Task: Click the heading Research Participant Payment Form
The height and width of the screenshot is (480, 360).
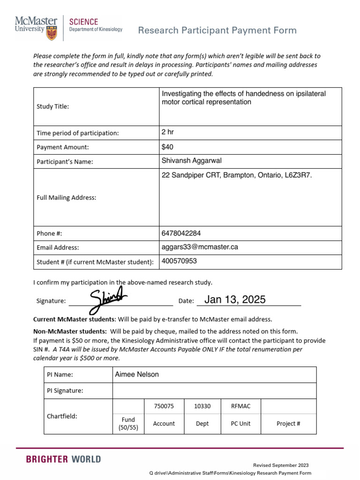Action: (x=217, y=30)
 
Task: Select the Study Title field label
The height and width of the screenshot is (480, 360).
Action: (x=52, y=106)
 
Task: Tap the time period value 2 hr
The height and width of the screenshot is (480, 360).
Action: (x=167, y=133)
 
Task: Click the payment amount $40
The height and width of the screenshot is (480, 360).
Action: (x=167, y=147)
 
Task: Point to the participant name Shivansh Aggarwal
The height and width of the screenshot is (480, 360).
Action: (x=191, y=161)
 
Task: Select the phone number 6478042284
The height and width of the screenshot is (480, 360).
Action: (x=181, y=233)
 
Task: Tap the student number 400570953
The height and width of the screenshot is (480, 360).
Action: (x=179, y=261)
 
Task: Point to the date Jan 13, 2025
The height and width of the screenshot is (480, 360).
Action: (x=235, y=300)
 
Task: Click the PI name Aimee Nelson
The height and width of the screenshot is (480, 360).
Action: (x=137, y=374)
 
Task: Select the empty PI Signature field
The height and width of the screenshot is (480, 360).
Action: (x=214, y=390)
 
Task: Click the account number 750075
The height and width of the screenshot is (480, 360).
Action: (x=164, y=406)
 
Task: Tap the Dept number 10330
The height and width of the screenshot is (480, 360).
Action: (x=202, y=406)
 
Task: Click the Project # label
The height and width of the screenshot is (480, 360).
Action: (x=288, y=424)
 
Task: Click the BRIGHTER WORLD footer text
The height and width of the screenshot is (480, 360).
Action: (x=63, y=459)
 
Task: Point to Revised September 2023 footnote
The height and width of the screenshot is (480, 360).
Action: (x=281, y=465)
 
